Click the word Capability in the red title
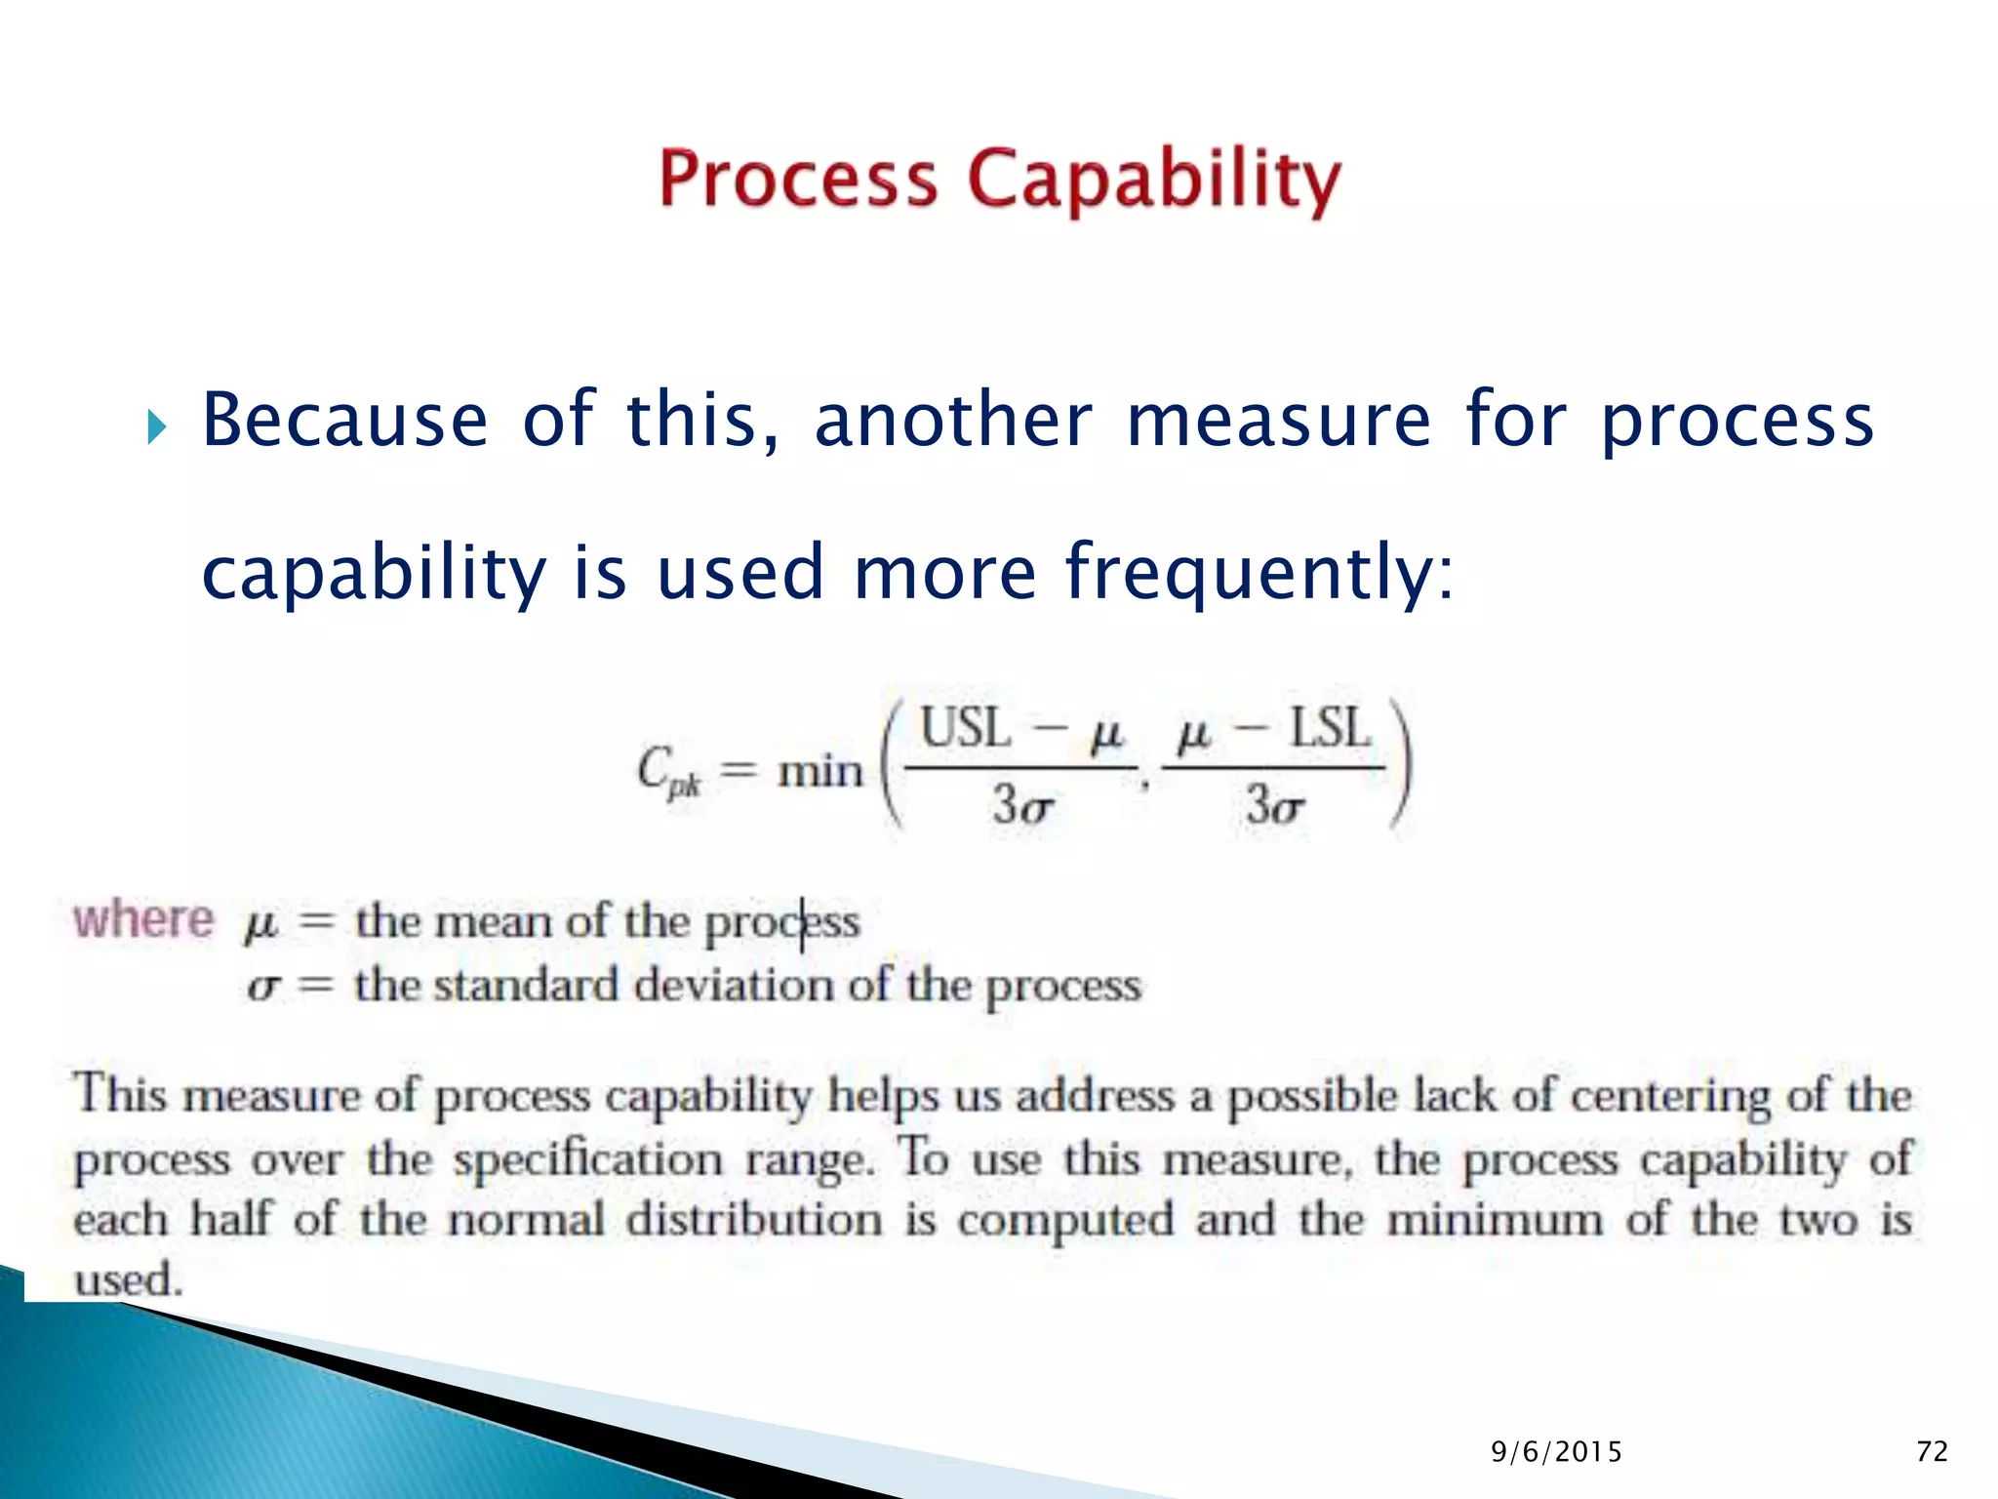tap(1154, 181)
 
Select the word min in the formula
tap(820, 772)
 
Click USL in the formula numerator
tap(965, 729)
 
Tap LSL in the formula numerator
tap(1331, 729)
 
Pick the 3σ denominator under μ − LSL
tap(1274, 807)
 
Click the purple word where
tap(143, 919)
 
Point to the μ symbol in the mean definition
tap(260, 922)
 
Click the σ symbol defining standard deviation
tap(263, 987)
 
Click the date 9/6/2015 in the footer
tap(1556, 1452)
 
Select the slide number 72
tap(1932, 1452)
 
